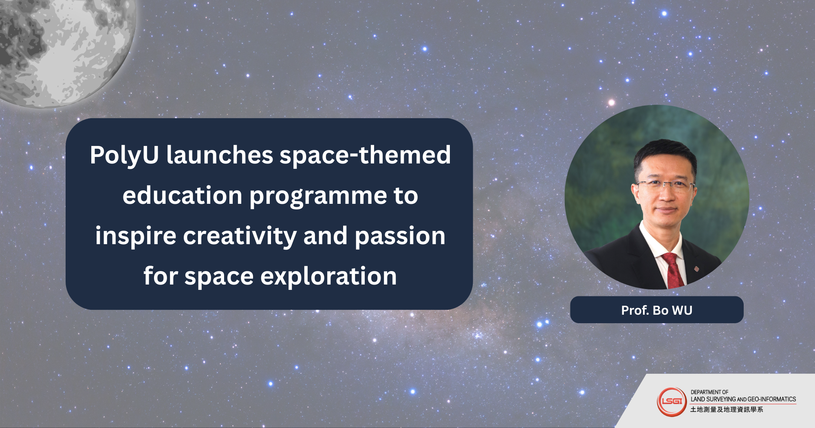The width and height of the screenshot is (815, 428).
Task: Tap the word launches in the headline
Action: coord(220,155)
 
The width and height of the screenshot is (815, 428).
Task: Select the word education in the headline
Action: coord(183,195)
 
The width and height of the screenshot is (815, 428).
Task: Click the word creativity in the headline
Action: coord(240,236)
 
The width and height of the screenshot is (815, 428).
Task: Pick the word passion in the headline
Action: coord(400,237)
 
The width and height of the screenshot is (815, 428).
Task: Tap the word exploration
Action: coord(328,276)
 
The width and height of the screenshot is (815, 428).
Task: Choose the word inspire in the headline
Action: coord(136,236)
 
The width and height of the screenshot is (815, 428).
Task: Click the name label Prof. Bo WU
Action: coord(656,310)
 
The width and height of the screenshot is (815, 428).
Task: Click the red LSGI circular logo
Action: coord(672,402)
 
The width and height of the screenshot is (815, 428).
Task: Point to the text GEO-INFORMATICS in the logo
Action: coord(772,399)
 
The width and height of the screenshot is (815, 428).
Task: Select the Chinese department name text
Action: coord(727,409)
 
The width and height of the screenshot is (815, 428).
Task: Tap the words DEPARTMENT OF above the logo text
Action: coord(709,392)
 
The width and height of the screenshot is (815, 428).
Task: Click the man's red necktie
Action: coord(673,270)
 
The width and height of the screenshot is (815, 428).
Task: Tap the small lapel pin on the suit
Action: coord(696,269)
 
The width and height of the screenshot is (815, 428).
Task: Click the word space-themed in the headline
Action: coord(365,155)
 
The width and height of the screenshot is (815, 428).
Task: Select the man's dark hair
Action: coord(664,157)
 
